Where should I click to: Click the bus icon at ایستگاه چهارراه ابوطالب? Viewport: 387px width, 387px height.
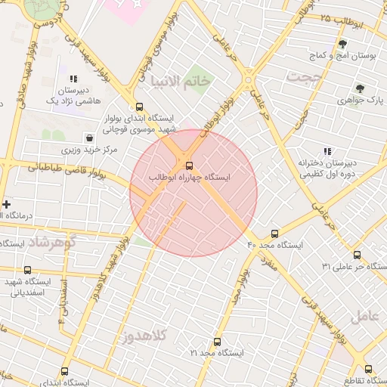tap(188, 165)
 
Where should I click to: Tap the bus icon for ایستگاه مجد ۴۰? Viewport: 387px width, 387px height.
tap(274, 234)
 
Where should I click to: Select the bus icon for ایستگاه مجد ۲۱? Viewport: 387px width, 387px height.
tap(218, 342)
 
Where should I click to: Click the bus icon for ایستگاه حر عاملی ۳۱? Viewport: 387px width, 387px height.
tap(358, 255)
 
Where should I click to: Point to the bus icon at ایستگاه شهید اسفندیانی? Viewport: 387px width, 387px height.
tap(28, 270)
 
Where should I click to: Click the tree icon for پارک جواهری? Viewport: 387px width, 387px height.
tap(360, 88)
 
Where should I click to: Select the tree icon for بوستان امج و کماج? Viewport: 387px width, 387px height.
tap(342, 44)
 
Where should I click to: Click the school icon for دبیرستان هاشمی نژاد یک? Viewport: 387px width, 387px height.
tap(73, 79)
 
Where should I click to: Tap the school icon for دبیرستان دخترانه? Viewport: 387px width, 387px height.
tap(328, 151)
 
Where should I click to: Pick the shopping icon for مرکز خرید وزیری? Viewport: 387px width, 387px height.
tap(90, 138)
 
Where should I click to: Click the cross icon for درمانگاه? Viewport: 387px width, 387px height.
tap(7, 204)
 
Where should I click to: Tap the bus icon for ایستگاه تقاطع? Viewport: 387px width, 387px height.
tap(368, 370)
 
